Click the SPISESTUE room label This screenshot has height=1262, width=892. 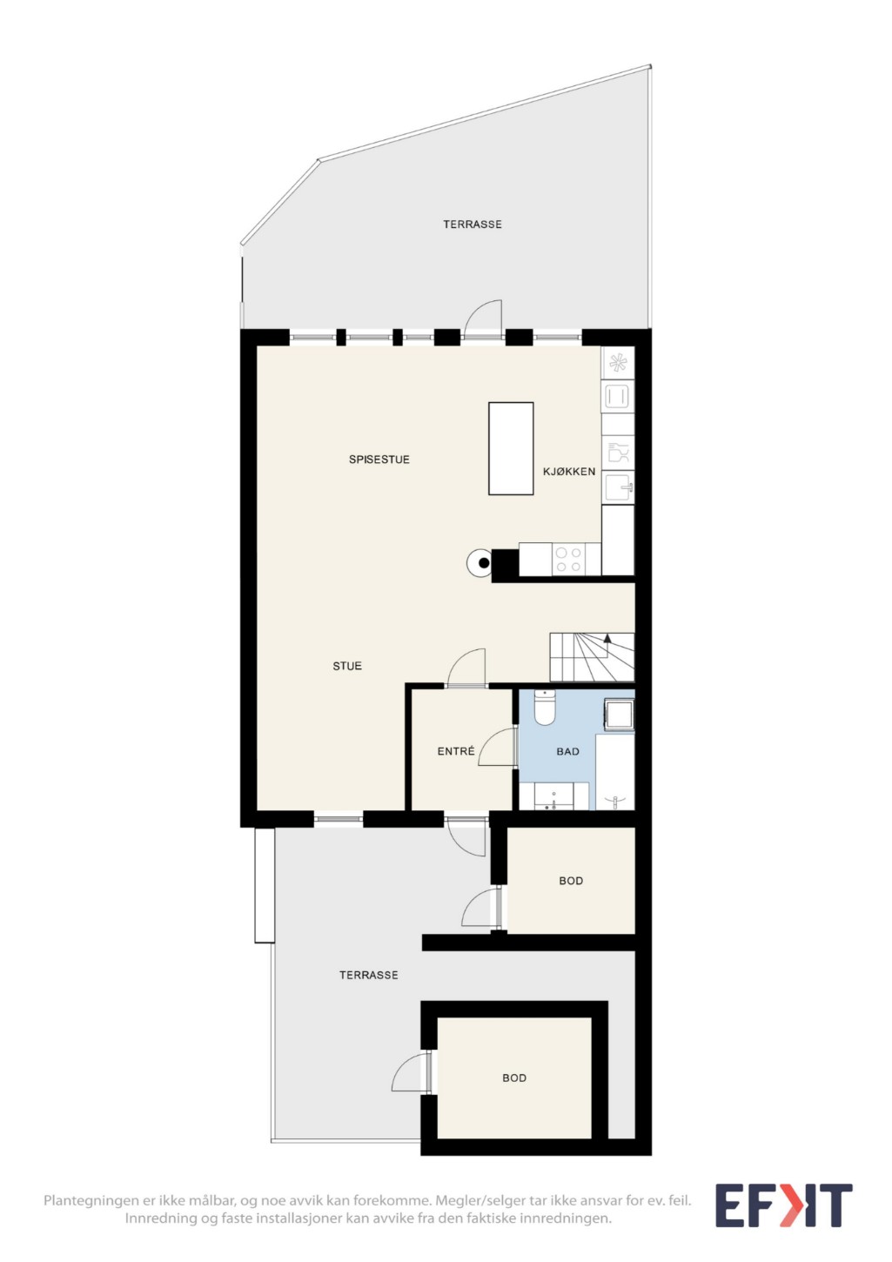379,460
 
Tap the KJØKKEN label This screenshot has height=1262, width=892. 568,472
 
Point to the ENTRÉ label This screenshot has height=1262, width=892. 456,750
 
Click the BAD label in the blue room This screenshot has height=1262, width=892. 567,752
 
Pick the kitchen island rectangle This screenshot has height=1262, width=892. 511,448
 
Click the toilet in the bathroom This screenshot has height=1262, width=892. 544,708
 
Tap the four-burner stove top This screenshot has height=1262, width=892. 568,560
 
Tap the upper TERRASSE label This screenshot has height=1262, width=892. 473,225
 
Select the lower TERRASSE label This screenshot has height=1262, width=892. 368,976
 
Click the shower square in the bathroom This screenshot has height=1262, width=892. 619,715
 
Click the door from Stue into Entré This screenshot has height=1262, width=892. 466,668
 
